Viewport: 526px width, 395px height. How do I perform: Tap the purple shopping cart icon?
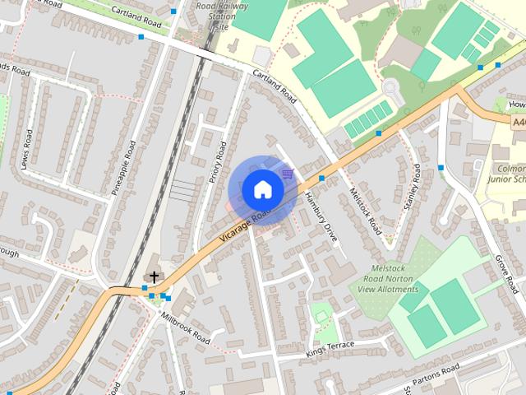(288, 174)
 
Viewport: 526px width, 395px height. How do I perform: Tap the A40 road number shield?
(519, 122)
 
